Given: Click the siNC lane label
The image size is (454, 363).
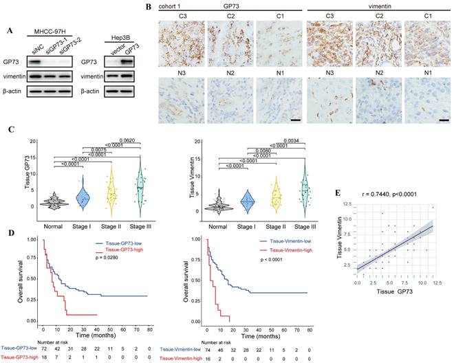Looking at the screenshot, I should click(39, 34).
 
